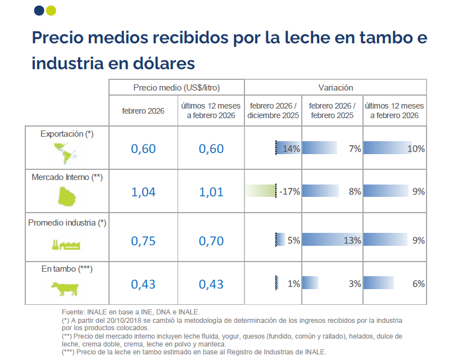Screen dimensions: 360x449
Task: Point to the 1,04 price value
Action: pyautogui.click(x=143, y=192)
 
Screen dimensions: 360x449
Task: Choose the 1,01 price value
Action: pyautogui.click(x=211, y=192)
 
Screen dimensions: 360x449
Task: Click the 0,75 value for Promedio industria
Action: pyautogui.click(x=143, y=241)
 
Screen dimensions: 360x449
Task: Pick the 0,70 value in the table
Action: pyautogui.click(x=211, y=241)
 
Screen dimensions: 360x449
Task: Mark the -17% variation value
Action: pyautogui.click(x=289, y=192)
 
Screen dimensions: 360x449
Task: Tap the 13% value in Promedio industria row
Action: pyautogui.click(x=352, y=241)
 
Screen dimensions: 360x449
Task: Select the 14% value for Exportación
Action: pyautogui.click(x=291, y=149)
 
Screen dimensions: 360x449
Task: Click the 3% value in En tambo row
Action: pyautogui.click(x=355, y=284)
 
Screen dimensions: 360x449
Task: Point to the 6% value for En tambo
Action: pyautogui.click(x=418, y=284)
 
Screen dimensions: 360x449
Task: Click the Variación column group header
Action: pyautogui.click(x=335, y=88)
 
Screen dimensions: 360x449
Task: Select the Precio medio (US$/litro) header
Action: pyautogui.click(x=176, y=88)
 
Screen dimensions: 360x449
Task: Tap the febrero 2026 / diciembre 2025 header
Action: pyautogui.click(x=273, y=111)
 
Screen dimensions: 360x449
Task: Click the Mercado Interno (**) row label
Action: pyautogui.click(x=66, y=178)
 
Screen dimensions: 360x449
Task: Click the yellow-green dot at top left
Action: pyautogui.click(x=51, y=10)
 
